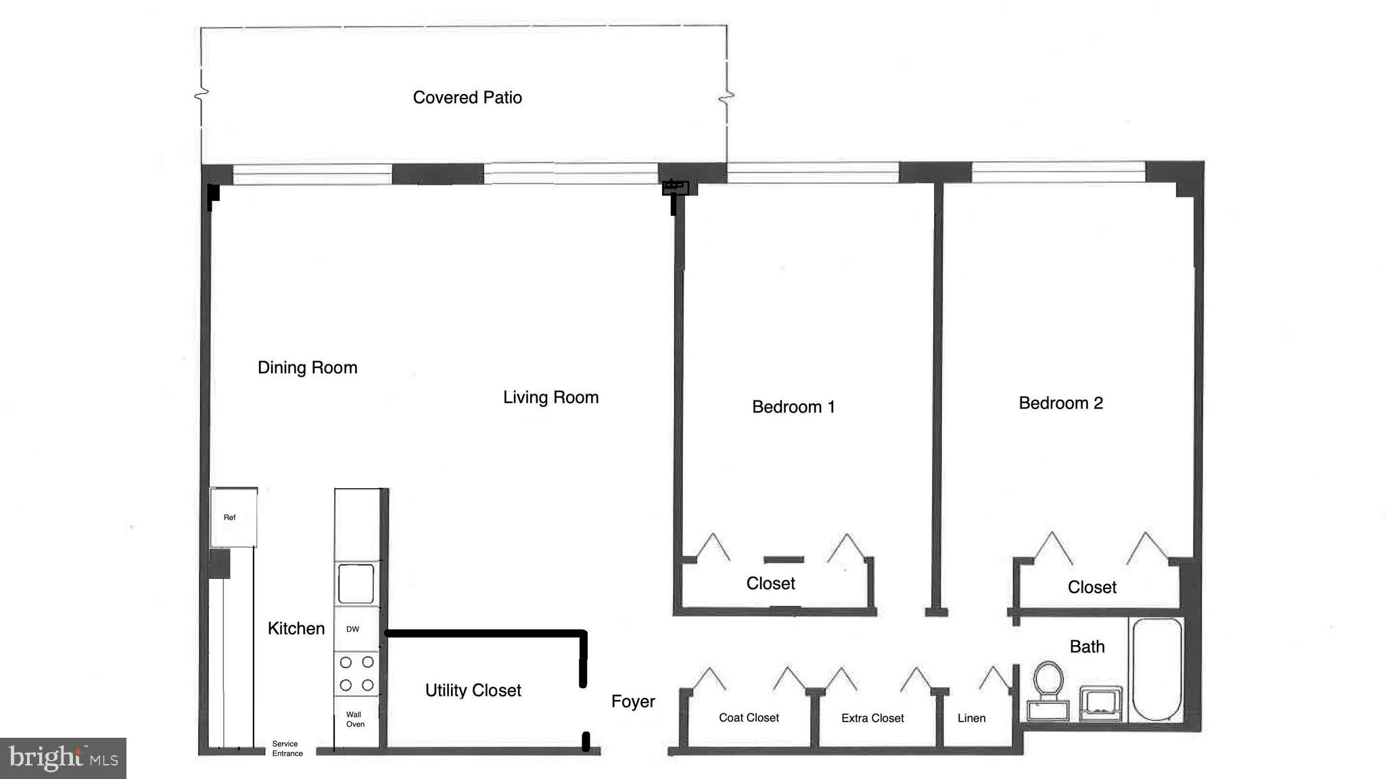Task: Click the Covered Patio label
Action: click(467, 97)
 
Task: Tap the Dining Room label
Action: click(307, 368)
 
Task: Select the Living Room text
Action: click(550, 397)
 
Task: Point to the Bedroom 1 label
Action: click(793, 406)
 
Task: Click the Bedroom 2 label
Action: click(1060, 403)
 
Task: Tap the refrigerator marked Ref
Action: click(233, 517)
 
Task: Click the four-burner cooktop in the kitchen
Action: click(356, 674)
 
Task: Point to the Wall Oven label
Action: click(355, 719)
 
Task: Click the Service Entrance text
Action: click(287, 749)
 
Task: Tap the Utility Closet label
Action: click(473, 690)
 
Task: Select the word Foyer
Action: click(633, 701)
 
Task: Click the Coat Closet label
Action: click(749, 717)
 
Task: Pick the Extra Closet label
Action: click(872, 718)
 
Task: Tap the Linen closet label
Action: click(971, 718)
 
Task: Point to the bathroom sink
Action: click(1100, 703)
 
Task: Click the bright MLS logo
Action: click(63, 758)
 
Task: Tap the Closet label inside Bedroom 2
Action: click(1091, 587)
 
